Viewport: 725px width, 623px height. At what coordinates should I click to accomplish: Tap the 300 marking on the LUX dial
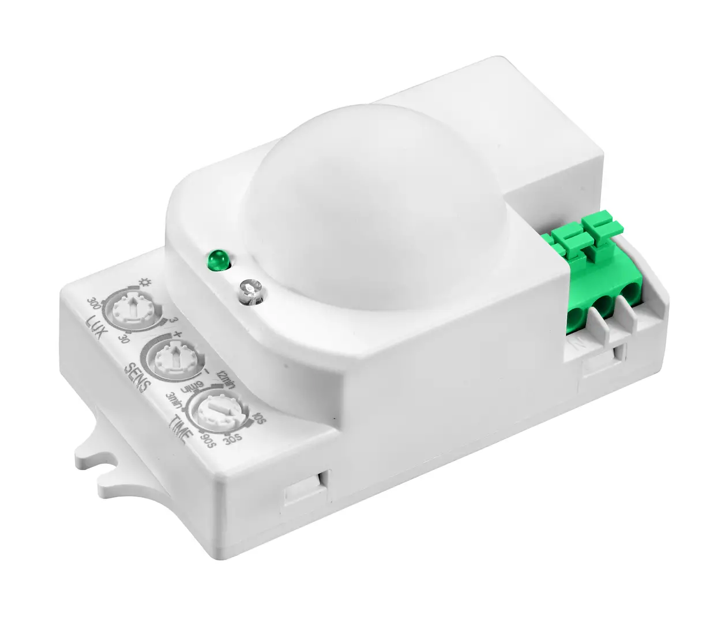pos(93,303)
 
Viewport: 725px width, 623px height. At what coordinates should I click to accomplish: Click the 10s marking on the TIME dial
pos(259,416)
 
